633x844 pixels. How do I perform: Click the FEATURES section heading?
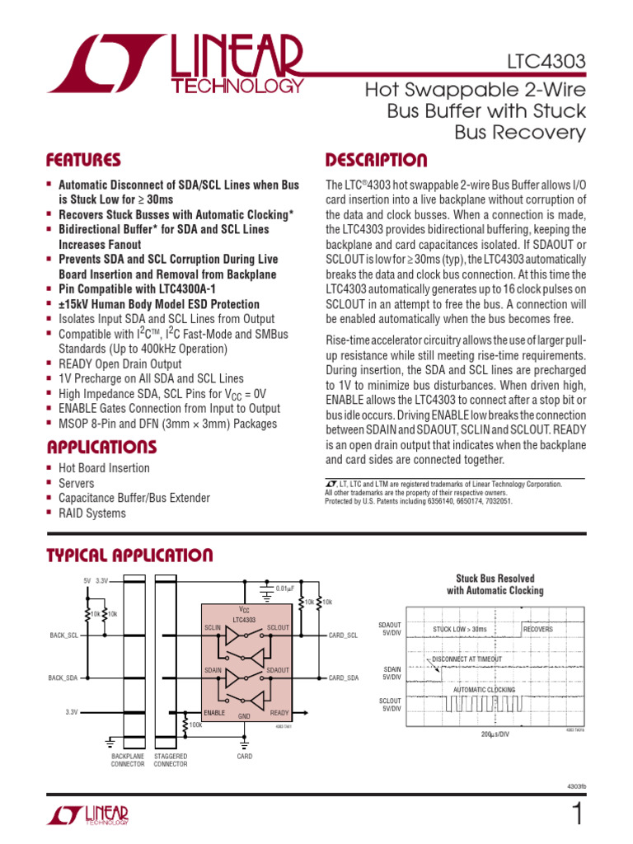(x=82, y=160)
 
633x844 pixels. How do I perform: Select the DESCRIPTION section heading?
(x=376, y=160)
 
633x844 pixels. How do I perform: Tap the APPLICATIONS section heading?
(x=101, y=448)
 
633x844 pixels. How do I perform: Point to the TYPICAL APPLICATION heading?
(x=129, y=555)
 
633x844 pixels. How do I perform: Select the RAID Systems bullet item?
(x=91, y=513)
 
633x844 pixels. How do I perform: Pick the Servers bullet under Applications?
(x=76, y=483)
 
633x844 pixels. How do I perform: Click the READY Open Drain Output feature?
(x=120, y=363)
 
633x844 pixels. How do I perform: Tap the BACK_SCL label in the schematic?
(x=63, y=635)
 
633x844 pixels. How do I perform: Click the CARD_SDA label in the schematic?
(x=344, y=678)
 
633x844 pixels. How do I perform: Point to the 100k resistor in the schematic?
(x=196, y=725)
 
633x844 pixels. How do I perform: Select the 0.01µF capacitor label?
(x=285, y=588)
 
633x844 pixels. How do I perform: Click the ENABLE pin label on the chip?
(x=215, y=712)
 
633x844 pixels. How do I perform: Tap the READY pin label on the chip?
(x=279, y=712)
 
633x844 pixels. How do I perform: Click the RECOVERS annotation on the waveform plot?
(x=537, y=629)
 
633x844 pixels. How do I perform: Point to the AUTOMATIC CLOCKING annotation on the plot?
(x=484, y=689)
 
